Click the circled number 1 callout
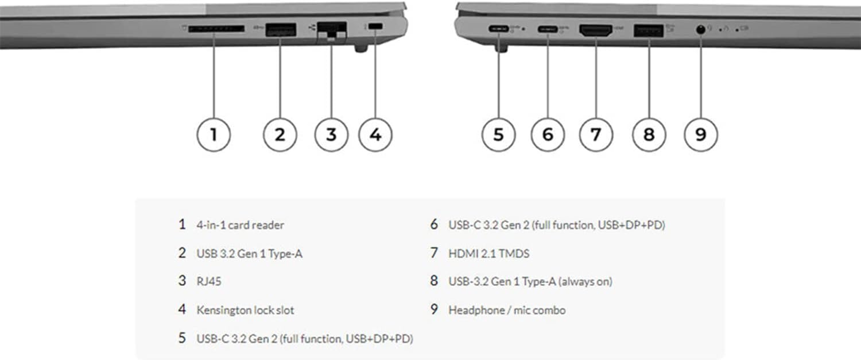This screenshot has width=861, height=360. tap(214, 134)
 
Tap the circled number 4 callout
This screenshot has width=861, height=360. tap(375, 134)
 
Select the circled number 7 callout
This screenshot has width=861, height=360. tap(596, 134)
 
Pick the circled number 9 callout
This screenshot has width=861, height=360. tap(701, 134)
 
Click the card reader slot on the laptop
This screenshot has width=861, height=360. tap(216, 29)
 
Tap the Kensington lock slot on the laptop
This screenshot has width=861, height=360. tap(375, 26)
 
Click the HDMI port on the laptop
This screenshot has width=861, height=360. tap(596, 30)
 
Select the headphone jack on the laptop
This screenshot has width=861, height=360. tap(701, 29)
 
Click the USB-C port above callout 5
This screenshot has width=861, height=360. tap(499, 29)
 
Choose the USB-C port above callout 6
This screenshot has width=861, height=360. tap(548, 29)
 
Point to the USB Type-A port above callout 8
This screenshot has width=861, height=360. tap(649, 30)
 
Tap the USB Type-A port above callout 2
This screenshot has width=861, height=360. tap(281, 30)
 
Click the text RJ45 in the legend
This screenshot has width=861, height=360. tap(209, 281)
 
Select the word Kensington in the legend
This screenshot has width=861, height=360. tap(224, 310)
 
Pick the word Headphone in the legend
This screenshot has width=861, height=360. tap(476, 310)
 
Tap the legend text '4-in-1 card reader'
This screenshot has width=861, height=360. tap(241, 225)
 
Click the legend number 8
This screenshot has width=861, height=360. tap(434, 281)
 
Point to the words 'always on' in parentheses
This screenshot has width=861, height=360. tap(585, 281)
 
